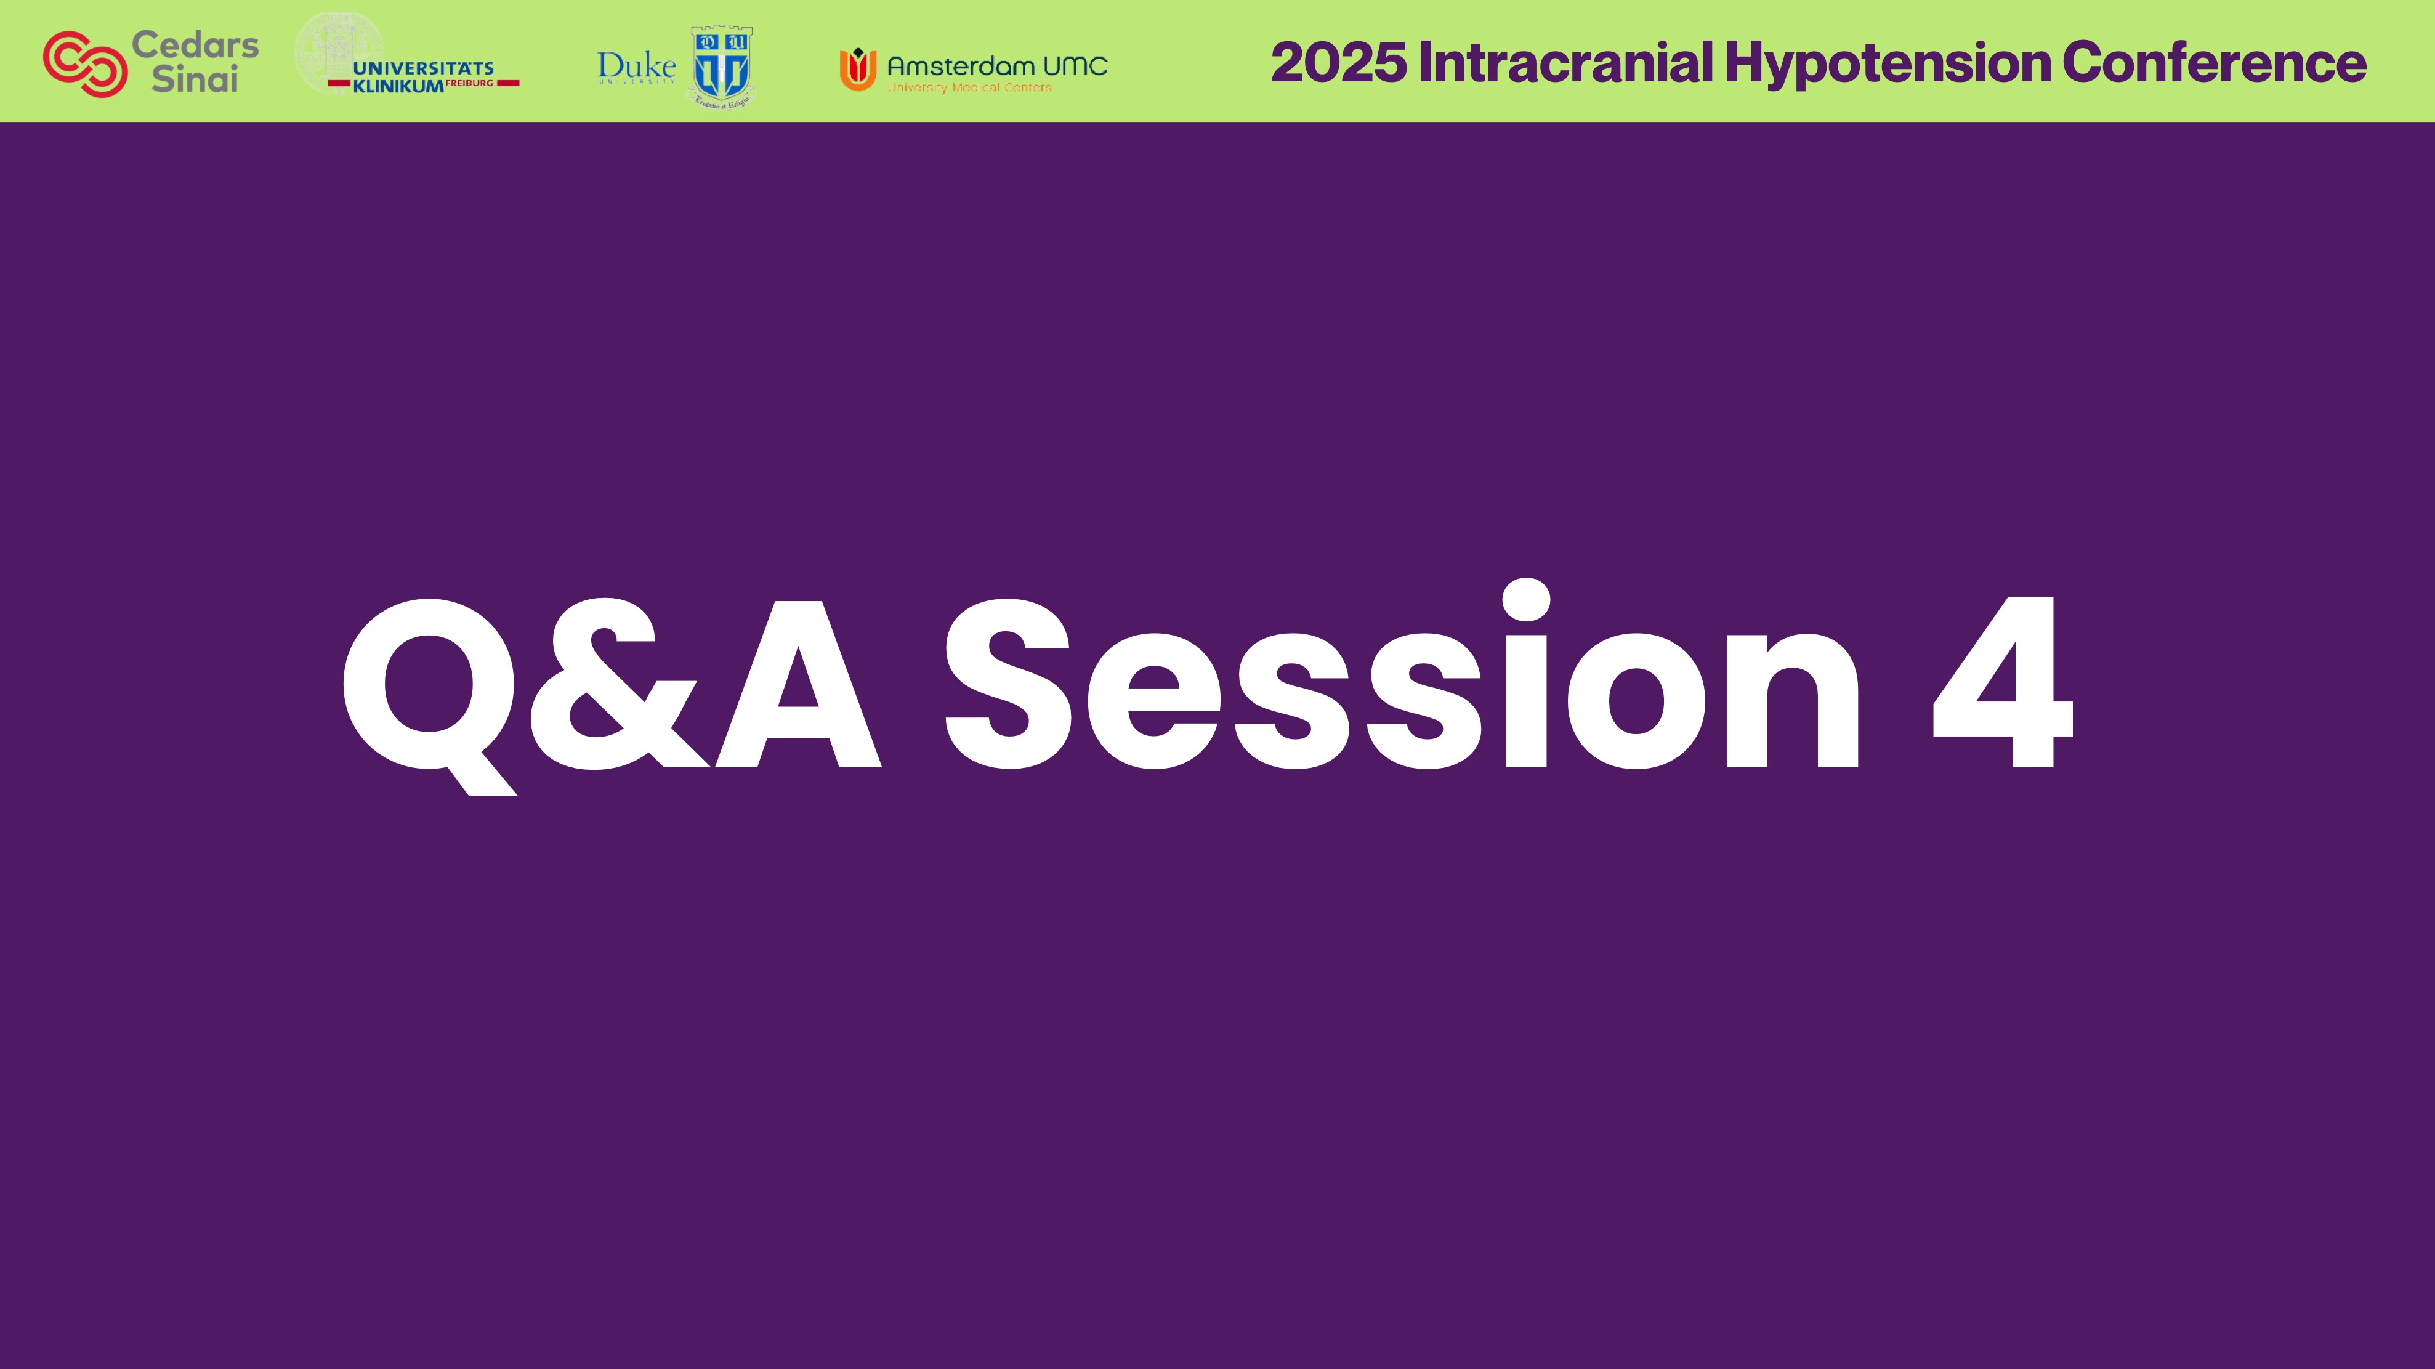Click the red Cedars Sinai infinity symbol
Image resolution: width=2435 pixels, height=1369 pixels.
click(85, 63)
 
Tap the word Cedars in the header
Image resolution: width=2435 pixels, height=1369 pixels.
click(195, 44)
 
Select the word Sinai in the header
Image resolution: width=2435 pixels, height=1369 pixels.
click(195, 80)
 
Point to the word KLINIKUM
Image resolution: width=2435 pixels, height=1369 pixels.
click(397, 86)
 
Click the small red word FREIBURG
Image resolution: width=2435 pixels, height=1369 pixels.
click(470, 83)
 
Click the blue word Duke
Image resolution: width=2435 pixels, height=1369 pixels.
click(636, 65)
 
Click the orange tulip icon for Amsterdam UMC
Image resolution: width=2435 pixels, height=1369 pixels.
click(857, 69)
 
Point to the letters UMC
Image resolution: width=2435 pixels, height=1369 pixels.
click(1075, 66)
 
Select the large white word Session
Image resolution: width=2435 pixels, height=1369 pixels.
click(1399, 685)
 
